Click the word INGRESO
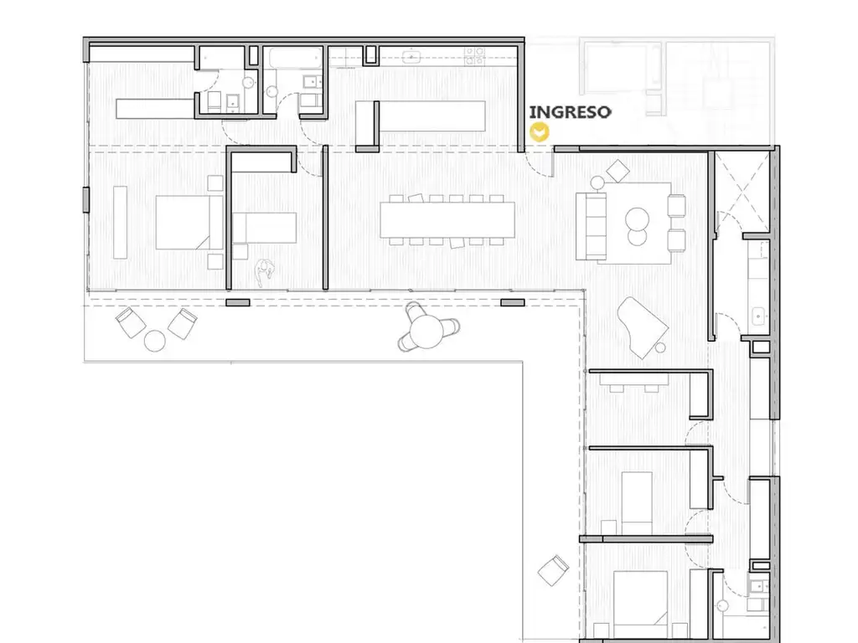point(570,112)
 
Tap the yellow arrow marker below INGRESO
point(540,132)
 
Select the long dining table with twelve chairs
point(447,220)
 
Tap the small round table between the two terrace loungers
point(155,341)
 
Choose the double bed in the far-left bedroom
point(189,223)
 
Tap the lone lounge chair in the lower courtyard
point(553,570)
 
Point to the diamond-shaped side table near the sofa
point(618,171)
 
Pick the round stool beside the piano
point(660,347)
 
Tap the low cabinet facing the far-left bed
point(121,222)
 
